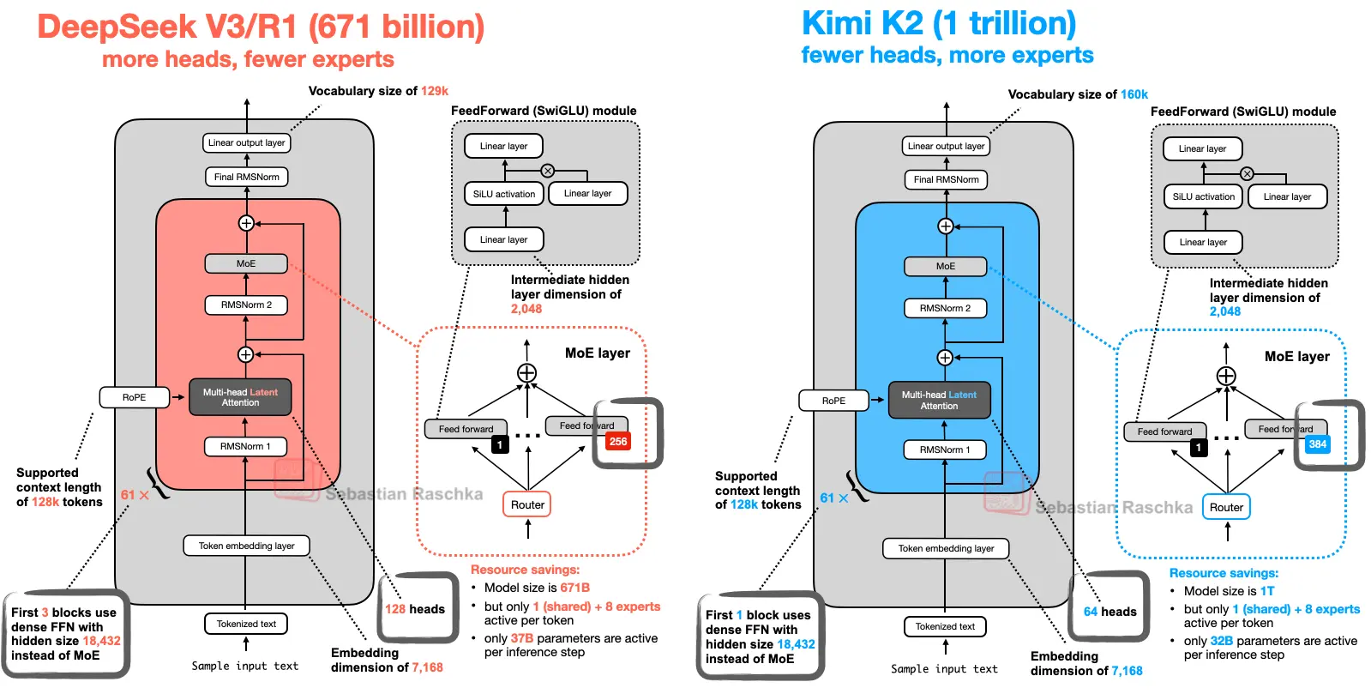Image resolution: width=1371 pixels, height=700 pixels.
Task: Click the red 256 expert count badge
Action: [617, 442]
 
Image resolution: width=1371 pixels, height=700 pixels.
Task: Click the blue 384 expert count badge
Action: [1317, 444]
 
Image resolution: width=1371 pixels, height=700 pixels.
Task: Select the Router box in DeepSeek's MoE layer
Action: [527, 505]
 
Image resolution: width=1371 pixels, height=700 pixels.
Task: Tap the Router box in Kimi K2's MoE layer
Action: [1226, 508]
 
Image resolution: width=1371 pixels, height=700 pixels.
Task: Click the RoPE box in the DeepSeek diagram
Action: [135, 397]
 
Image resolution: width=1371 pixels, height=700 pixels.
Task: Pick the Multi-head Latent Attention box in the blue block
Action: [939, 401]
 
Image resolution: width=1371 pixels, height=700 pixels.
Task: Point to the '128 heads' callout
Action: [415, 609]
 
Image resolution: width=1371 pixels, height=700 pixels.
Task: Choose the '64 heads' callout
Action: [1109, 612]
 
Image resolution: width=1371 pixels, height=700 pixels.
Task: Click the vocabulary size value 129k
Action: [434, 91]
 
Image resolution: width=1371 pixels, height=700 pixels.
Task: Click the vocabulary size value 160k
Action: [1133, 94]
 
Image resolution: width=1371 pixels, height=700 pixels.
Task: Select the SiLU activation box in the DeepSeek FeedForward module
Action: [504, 194]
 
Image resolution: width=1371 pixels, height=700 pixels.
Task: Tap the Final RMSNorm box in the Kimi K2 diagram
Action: [946, 179]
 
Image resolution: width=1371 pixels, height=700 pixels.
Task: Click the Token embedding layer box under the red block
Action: [246, 546]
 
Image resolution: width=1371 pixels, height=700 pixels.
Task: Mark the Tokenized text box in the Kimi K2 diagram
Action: [945, 626]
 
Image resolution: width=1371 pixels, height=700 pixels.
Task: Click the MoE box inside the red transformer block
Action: [246, 263]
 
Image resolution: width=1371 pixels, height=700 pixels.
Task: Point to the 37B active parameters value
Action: [521, 638]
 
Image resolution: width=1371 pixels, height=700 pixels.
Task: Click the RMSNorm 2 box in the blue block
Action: [945, 308]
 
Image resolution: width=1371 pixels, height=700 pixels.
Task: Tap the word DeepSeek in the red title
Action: [117, 27]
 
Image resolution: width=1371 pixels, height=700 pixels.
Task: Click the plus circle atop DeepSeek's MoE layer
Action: [526, 372]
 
